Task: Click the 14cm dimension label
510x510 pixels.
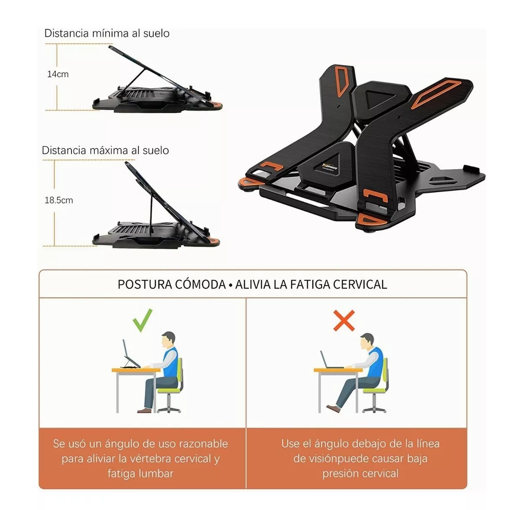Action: pos(58,74)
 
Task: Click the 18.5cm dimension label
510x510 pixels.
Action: pos(59,200)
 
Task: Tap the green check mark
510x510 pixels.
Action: pos(142,320)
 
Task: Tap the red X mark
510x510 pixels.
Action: pos(344,320)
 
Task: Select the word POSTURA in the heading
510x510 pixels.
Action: pos(144,284)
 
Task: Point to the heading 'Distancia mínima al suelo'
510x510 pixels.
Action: pos(107,33)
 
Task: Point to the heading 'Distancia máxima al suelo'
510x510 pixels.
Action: pos(105,150)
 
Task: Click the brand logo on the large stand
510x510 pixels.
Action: pos(330,167)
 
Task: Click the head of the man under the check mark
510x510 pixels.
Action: pos(169,340)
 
